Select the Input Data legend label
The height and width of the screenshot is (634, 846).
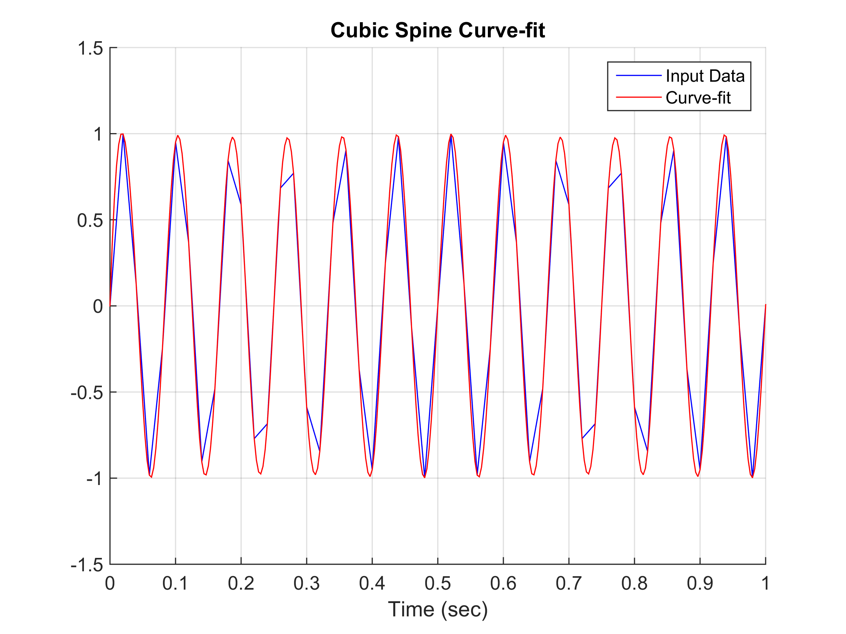click(705, 76)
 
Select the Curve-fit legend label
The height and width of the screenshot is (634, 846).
click(698, 98)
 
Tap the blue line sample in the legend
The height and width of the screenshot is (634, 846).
click(638, 76)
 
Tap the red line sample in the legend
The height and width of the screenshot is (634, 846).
click(638, 98)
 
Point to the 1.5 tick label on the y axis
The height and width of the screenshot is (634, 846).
click(90, 49)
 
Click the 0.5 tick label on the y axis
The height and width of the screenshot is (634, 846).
click(90, 220)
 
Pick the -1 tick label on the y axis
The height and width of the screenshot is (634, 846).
click(94, 479)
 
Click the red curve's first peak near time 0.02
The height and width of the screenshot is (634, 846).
click(122, 134)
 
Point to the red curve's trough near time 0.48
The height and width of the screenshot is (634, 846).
click(424, 477)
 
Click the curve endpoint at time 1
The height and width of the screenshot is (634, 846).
click(765, 305)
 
